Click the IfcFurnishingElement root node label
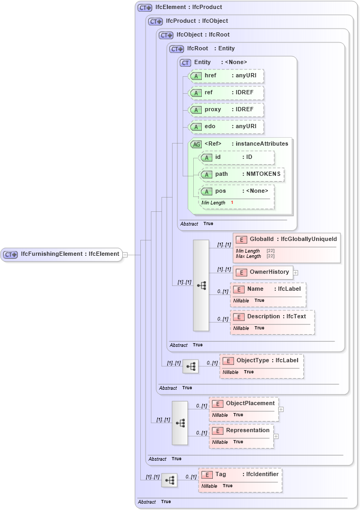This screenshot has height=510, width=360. (x=69, y=254)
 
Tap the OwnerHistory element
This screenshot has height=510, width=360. (x=263, y=272)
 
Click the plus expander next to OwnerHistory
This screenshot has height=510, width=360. (x=295, y=272)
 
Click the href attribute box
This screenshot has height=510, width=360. (x=226, y=76)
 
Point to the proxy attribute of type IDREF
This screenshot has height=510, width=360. (x=226, y=110)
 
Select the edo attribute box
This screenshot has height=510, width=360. (x=226, y=127)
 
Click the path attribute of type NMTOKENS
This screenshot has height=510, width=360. (x=242, y=174)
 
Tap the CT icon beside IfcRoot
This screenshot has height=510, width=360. (x=176, y=49)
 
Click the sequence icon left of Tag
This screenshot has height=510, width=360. (x=169, y=480)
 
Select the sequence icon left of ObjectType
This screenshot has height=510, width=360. (x=191, y=366)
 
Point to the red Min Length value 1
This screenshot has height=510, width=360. (x=232, y=203)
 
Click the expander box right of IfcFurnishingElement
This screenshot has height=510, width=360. (x=125, y=255)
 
